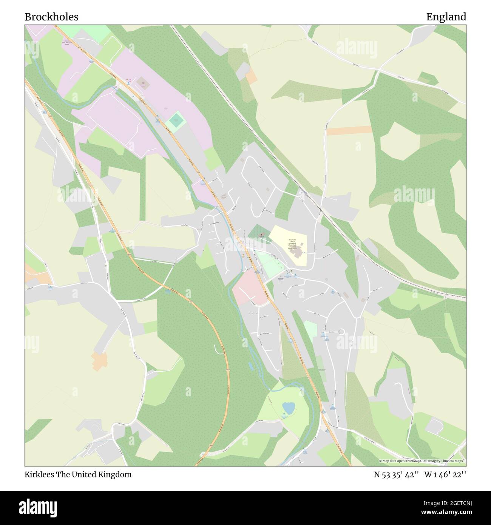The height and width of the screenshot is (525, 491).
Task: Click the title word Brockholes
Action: pos(51,17)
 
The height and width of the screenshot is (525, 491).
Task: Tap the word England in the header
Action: pos(446,17)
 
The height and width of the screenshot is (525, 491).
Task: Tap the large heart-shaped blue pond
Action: pos(288,408)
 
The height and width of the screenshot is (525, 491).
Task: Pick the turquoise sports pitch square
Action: pos(176,122)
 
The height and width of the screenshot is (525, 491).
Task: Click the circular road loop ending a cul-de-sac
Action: pos(342,332)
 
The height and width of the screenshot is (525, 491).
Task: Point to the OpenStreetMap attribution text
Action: pos(422,461)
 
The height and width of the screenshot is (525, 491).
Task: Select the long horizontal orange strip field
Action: pos(349,130)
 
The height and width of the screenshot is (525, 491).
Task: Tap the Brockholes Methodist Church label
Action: pos(280,279)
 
